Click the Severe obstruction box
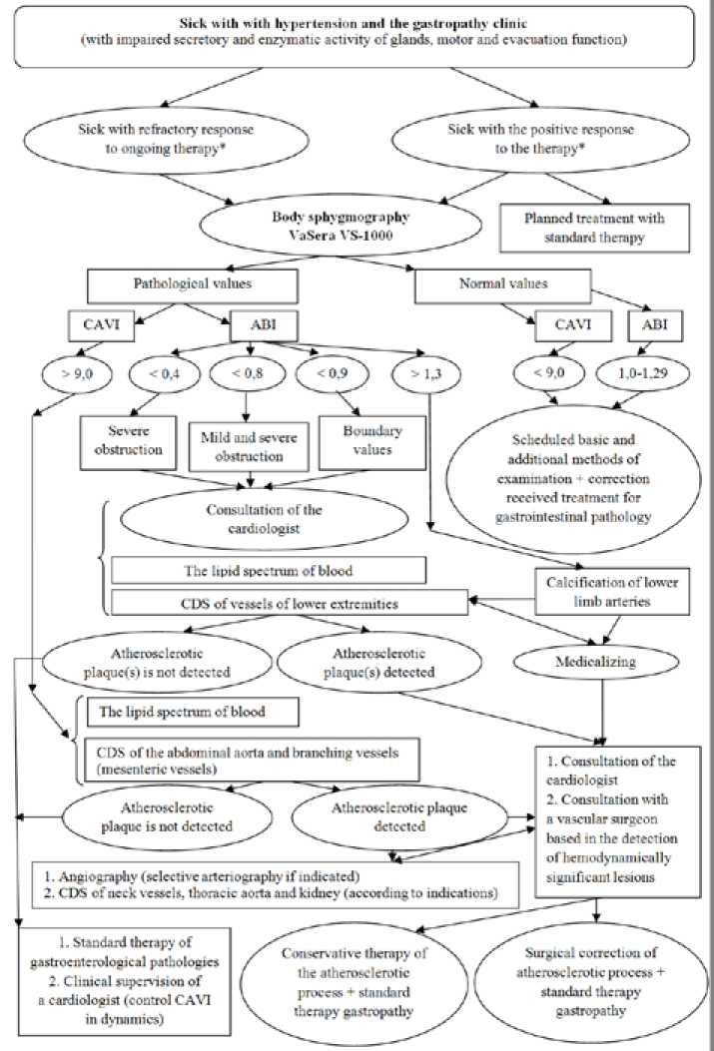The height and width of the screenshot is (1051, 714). [121, 439]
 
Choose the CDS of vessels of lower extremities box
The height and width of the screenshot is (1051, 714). [288, 603]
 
